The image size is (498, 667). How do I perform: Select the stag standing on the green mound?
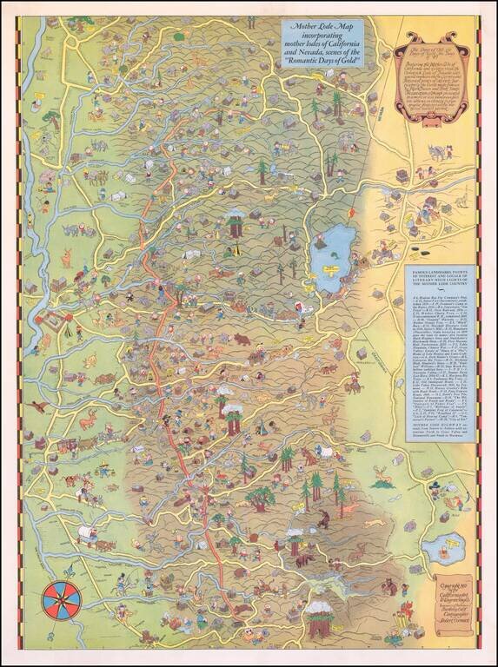[x=381, y=476]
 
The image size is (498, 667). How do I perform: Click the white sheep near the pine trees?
[x=321, y=452]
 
